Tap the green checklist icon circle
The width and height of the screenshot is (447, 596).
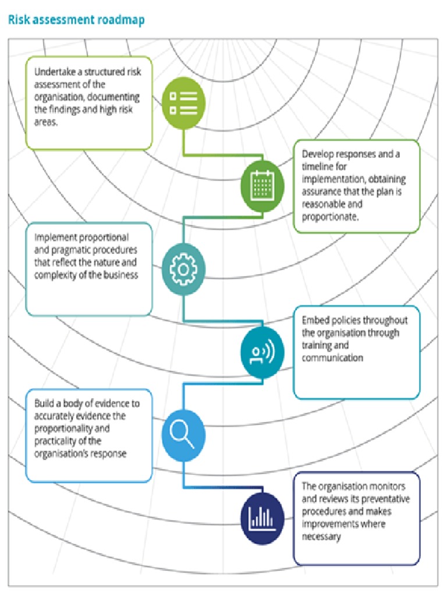pyautogui.click(x=183, y=102)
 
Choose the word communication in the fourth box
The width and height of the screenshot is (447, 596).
pyautogui.click(x=332, y=357)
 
